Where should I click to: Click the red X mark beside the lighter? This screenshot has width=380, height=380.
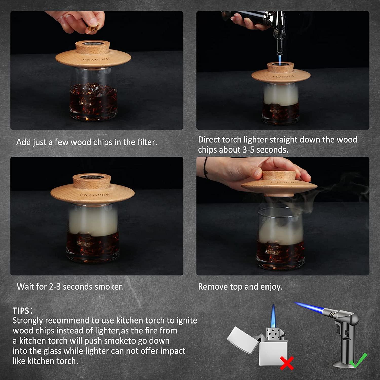coord(287,363)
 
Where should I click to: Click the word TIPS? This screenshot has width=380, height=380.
coord(21,311)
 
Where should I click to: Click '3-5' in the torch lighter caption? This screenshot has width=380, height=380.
coord(249,150)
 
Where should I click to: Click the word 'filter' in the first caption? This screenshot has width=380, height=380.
coord(146,142)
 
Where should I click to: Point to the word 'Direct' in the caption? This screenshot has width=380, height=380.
coord(209,140)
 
